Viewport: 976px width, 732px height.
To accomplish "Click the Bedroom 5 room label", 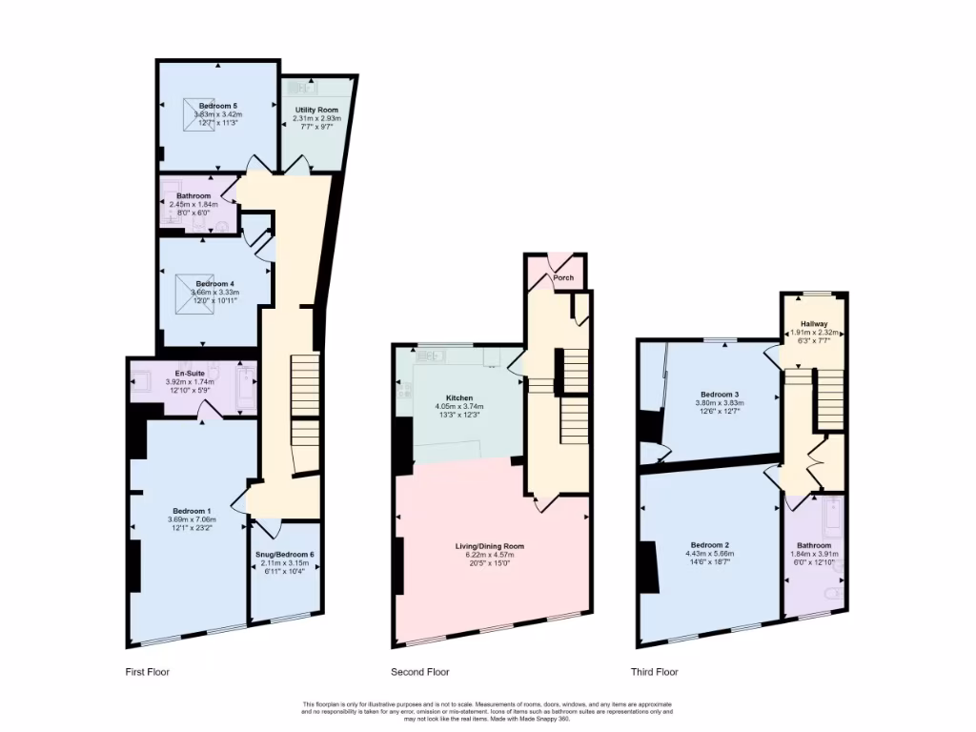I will pos(217,105).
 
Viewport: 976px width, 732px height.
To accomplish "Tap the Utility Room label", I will pos(315,110).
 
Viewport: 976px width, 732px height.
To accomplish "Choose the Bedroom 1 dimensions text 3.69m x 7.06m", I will pos(193,519).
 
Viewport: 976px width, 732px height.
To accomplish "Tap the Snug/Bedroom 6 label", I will pos(284,555).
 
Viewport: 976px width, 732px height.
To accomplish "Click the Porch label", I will pos(564,279).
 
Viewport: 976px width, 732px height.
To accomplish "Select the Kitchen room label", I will pos(459,397).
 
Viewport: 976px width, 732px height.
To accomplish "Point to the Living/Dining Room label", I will pos(490,546).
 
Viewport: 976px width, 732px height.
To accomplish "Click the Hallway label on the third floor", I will pos(814,323).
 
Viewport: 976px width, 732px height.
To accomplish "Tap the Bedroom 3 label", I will pos(721,394).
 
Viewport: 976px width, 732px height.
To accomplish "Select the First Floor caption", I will pos(147,672).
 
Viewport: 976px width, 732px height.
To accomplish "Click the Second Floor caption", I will pos(420,672).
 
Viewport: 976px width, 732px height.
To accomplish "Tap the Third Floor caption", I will pos(654,672).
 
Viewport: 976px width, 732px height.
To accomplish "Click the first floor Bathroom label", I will pos(193,195).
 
